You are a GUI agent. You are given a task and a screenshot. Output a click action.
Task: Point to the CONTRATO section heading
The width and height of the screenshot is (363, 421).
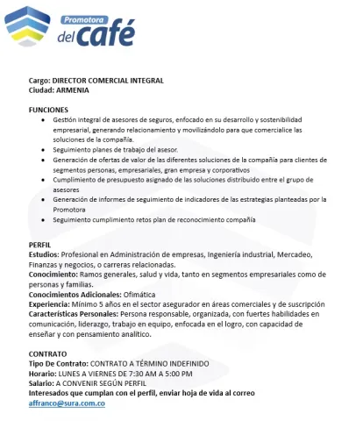click(48, 353)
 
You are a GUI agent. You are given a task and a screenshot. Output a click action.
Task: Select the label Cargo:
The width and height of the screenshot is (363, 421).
click(41, 81)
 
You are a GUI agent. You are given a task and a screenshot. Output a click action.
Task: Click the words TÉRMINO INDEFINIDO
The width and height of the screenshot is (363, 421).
click(167, 362)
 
